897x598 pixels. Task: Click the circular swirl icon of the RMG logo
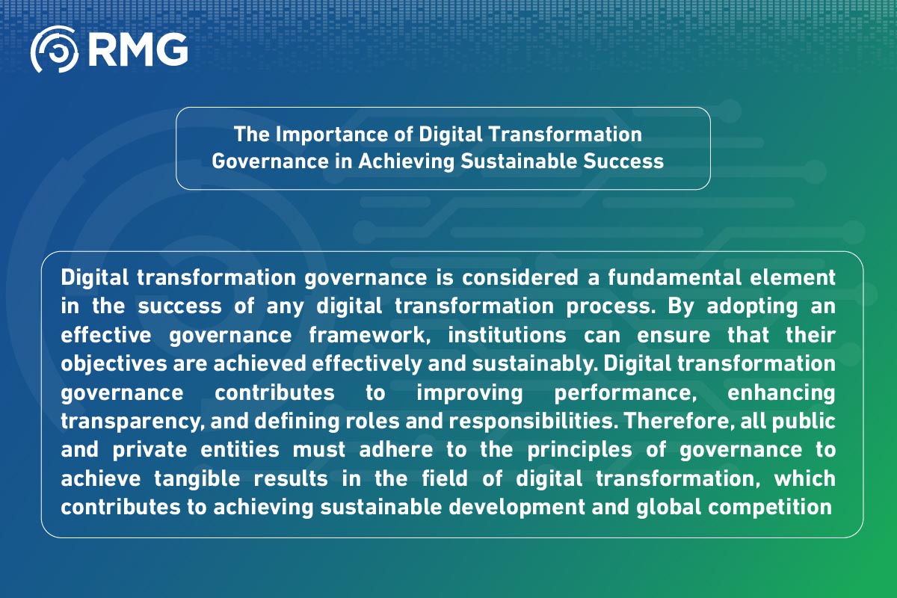54,49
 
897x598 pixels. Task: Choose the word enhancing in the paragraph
782,392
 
